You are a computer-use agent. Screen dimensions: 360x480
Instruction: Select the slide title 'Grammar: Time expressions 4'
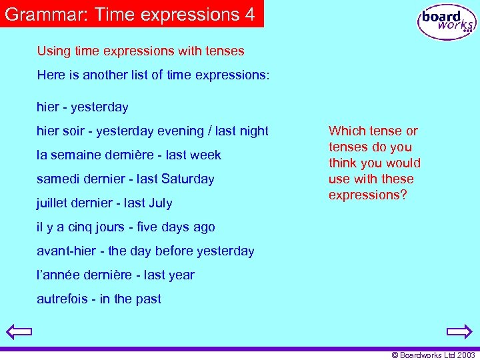(x=131, y=14)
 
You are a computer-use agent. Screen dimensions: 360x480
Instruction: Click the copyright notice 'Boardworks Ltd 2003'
(x=433, y=355)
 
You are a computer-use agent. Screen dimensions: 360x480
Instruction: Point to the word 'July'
(x=160, y=203)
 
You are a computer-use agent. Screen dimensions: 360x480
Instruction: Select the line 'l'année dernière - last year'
(x=115, y=275)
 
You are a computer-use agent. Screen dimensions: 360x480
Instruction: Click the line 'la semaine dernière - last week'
(x=129, y=155)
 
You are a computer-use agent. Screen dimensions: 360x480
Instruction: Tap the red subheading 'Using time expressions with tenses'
(x=141, y=51)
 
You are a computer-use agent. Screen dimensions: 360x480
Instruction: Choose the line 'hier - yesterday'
(x=83, y=107)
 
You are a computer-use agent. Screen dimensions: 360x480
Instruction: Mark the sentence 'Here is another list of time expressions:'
(x=153, y=75)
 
